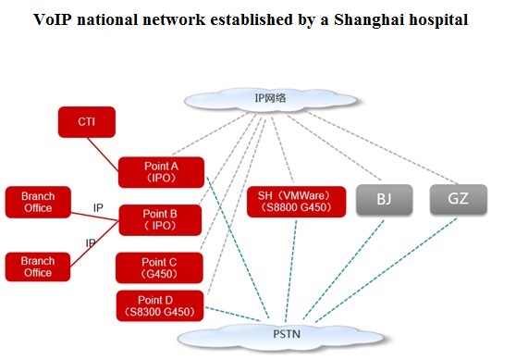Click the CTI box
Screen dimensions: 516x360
coord(87,122)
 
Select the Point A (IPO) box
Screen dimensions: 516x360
coord(161,172)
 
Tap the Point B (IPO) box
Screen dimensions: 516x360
coord(160,220)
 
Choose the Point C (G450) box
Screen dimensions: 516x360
coord(159,267)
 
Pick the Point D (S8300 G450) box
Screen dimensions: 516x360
coord(160,305)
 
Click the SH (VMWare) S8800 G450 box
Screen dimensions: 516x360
coord(297,202)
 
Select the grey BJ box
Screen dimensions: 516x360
coord(385,200)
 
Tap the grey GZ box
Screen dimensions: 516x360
coord(459,199)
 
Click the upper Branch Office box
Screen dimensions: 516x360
coord(38,203)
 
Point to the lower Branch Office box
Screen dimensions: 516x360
coord(38,267)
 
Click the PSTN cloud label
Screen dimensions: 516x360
coord(287,334)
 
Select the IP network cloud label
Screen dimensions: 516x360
coord(271,98)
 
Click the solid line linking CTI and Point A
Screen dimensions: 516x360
coord(103,155)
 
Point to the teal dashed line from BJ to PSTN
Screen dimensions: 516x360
coord(343,269)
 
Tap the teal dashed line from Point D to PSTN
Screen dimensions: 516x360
coord(233,315)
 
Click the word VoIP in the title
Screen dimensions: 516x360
coord(53,19)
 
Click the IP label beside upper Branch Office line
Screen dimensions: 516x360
coord(98,208)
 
